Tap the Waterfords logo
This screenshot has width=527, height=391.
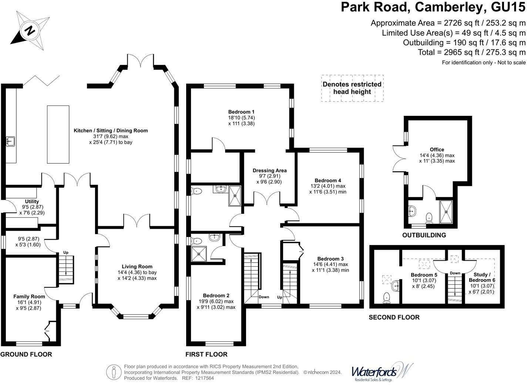381,371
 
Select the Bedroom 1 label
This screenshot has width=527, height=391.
241,112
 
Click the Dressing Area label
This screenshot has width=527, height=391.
269,171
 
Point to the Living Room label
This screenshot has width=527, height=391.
137,267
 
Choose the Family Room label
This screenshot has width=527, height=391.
29,297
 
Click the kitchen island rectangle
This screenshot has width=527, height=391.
58,134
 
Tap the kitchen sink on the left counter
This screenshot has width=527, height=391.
10,141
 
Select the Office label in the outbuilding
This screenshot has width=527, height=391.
437,150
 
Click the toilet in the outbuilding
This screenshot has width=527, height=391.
429,217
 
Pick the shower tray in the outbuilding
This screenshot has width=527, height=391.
446,212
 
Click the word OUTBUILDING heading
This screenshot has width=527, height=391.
424,235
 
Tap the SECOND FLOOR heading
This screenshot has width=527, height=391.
394,317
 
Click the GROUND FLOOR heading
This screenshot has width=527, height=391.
26,354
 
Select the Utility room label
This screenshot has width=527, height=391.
32,201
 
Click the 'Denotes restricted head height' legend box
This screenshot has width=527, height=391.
352,88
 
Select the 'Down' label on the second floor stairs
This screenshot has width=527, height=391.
455,273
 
